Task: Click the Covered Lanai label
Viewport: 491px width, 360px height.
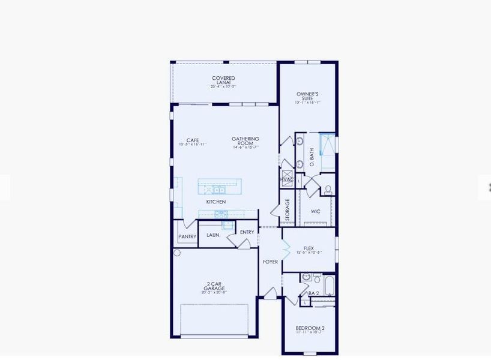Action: point(223,80)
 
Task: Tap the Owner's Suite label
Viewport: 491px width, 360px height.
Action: point(307,96)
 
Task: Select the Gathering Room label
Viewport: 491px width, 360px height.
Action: point(245,141)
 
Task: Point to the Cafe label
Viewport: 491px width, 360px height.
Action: point(192,140)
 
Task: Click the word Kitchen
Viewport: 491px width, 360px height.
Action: point(216,202)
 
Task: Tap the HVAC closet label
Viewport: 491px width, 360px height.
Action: point(286,179)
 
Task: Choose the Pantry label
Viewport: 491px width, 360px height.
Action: point(187,236)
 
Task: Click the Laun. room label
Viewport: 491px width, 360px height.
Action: point(214,236)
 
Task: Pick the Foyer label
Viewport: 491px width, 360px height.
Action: point(270,262)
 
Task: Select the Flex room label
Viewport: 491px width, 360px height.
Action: point(309,248)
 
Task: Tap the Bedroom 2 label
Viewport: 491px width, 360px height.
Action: point(310,328)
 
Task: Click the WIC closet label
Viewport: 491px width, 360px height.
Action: point(316,211)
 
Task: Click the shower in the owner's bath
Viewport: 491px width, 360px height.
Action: point(327,144)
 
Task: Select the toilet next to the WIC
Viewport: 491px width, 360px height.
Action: point(328,188)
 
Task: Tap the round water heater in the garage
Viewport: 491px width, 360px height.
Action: point(177,253)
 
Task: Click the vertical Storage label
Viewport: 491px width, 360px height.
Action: point(288,209)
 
